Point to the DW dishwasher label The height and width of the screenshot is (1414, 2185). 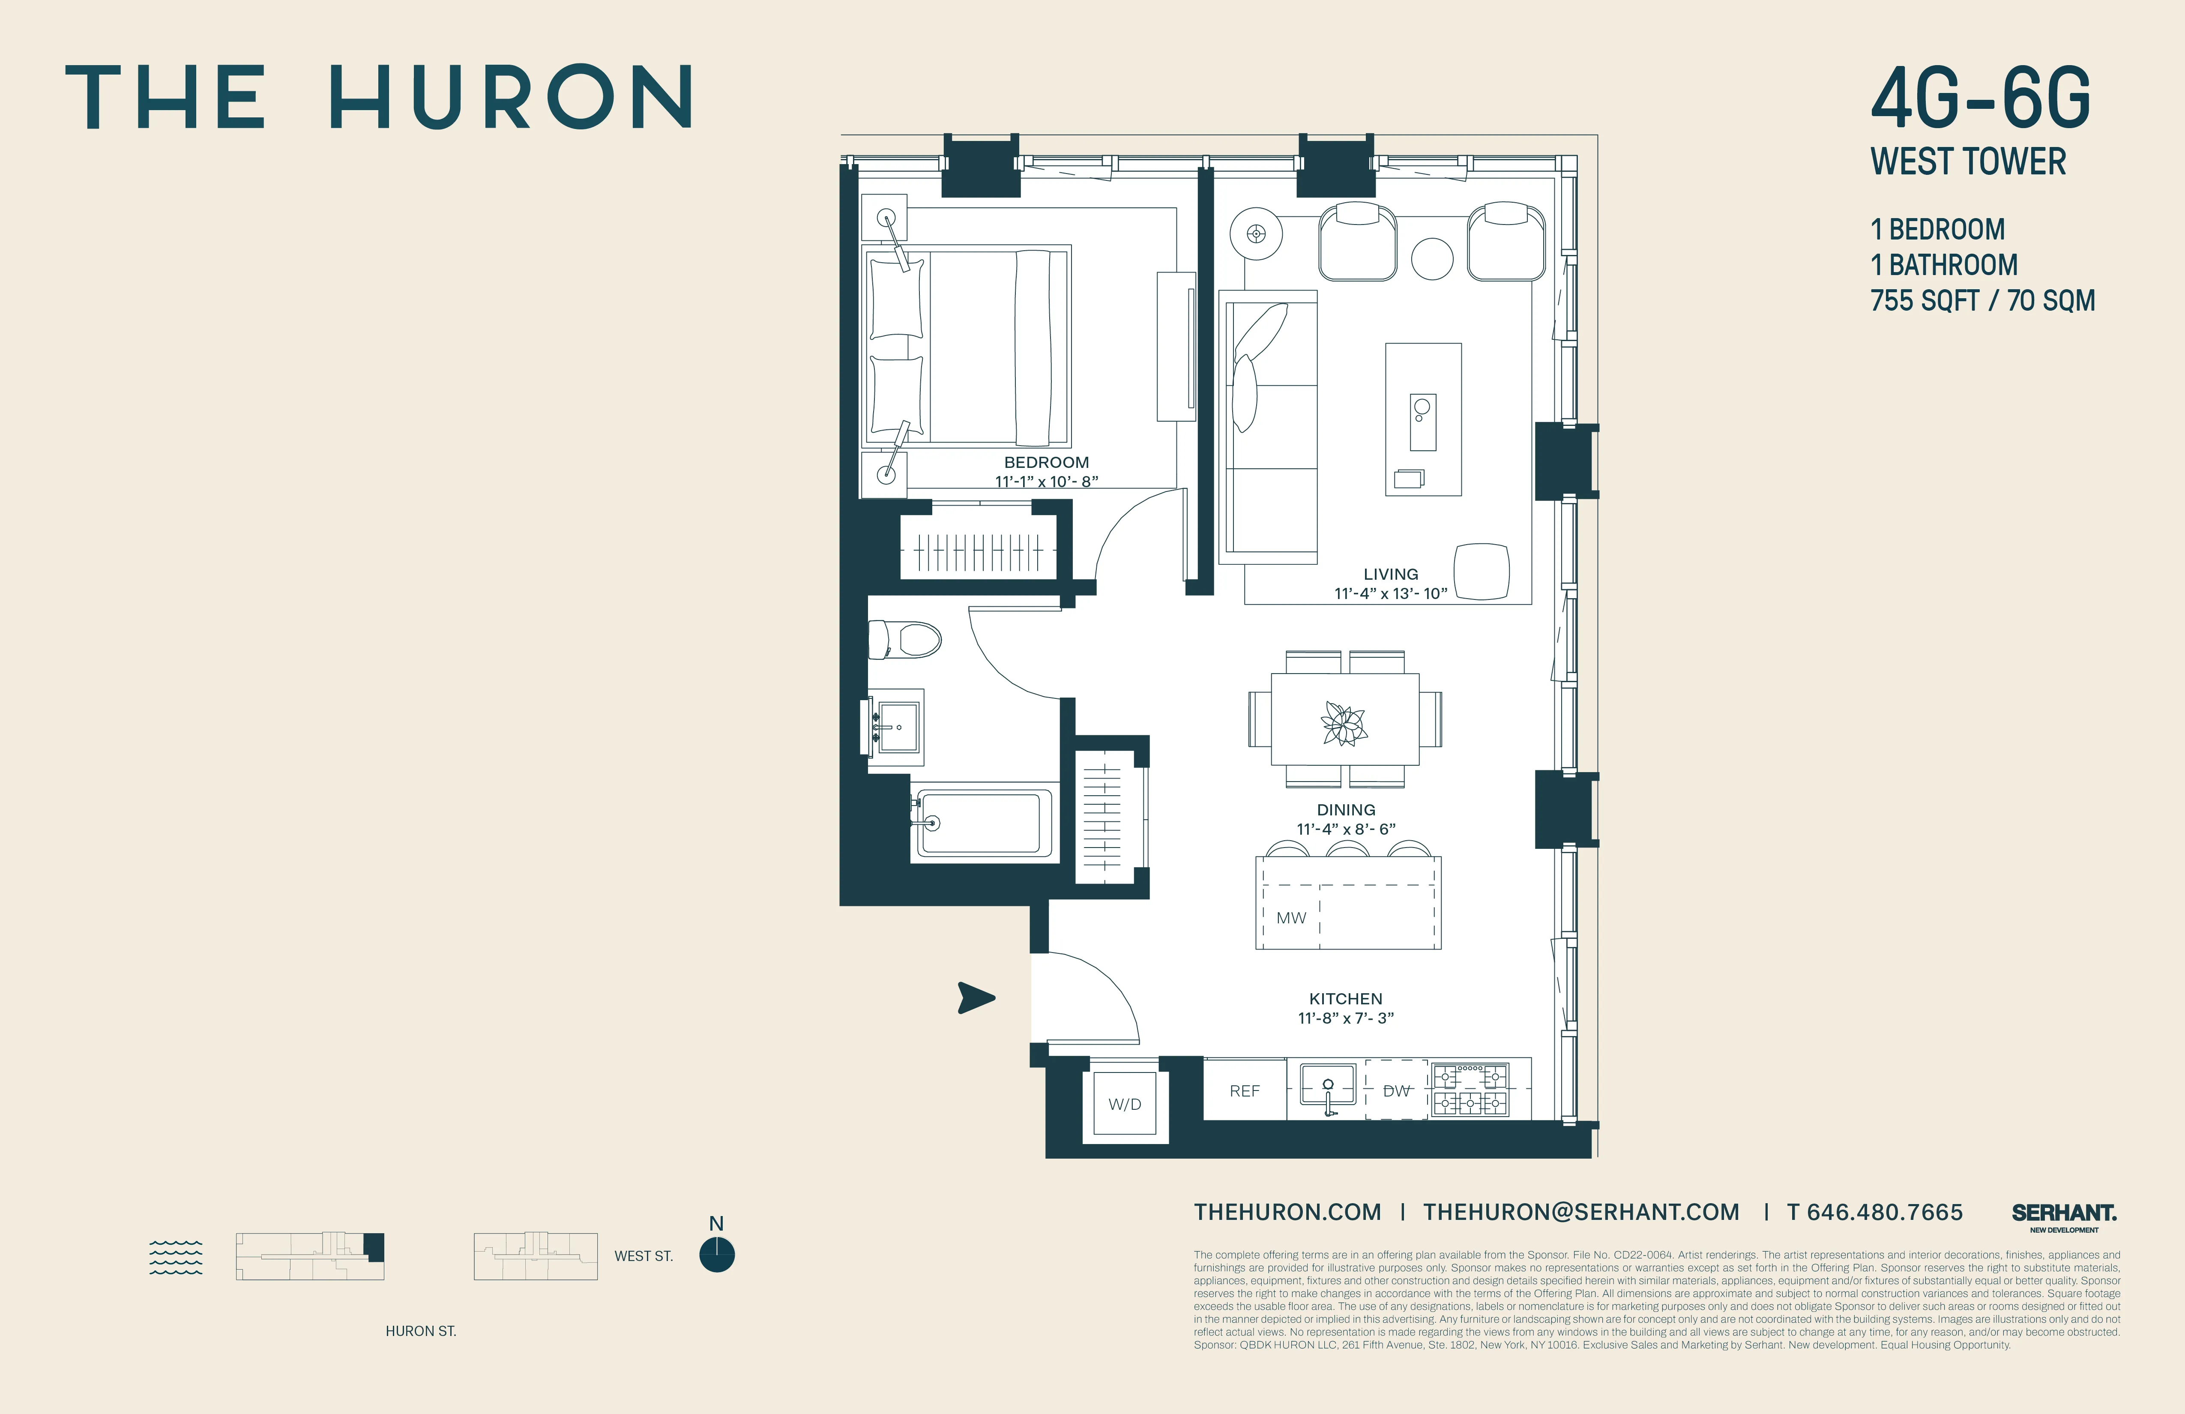click(1395, 1091)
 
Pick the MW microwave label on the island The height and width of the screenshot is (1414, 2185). click(1291, 917)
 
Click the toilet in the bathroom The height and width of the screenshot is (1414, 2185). click(906, 639)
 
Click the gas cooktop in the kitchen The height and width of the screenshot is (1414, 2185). click(1470, 1090)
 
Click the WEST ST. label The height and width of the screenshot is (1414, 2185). click(644, 1256)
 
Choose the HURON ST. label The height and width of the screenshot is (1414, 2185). click(420, 1330)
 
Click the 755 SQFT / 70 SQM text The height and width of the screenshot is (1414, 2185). click(1982, 300)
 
